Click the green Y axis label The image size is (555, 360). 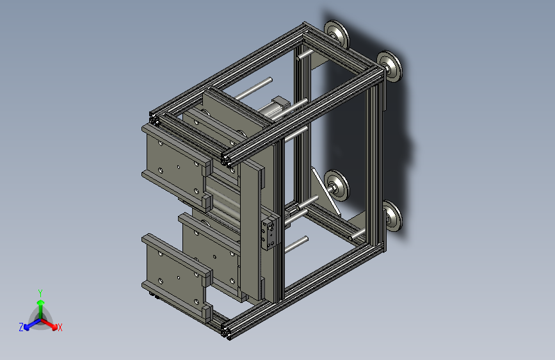[x=40, y=293]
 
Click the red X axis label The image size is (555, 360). [x=60, y=327]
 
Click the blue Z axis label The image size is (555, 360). [x=21, y=327]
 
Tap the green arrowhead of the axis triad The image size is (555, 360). [x=41, y=302]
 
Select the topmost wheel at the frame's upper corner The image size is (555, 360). [x=336, y=34]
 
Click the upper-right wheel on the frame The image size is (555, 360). [x=389, y=67]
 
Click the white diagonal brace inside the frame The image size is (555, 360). [x=326, y=192]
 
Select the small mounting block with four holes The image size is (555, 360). [x=269, y=233]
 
